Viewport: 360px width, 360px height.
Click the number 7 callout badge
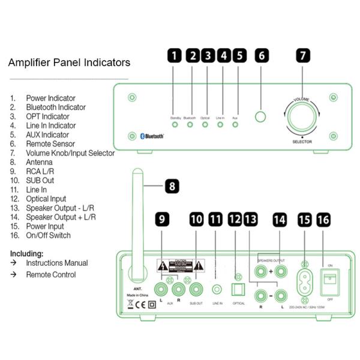coord(303,56)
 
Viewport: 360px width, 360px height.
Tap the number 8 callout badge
coord(172,186)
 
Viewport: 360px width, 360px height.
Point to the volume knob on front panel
coord(302,117)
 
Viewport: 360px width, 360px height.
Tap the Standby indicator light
coord(175,125)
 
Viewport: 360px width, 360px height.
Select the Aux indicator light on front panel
coord(235,125)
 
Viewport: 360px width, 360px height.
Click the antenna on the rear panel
coord(137,222)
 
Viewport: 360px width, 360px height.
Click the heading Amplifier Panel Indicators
coord(69,62)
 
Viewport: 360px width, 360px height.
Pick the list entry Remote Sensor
coord(50,144)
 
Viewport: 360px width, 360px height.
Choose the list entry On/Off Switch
coord(48,235)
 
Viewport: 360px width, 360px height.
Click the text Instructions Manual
coord(56,263)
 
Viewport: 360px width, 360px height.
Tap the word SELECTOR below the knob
coord(302,141)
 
